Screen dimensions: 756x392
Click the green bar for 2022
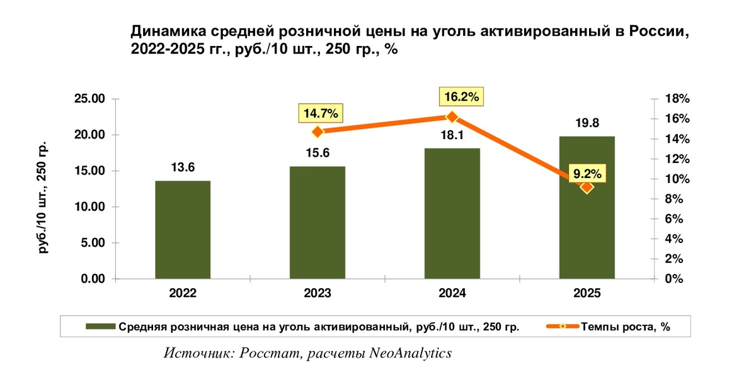[x=183, y=230]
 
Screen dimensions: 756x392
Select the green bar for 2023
[x=318, y=223]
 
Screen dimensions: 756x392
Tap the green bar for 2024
[x=452, y=213]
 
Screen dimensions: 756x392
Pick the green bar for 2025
[x=587, y=208]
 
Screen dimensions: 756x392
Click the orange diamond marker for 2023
[x=318, y=132]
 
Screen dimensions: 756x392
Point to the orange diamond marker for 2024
[x=452, y=117]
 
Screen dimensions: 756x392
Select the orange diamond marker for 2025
[x=587, y=188]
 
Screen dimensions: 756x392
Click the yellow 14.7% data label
[x=320, y=113]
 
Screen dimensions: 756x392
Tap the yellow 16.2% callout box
[x=461, y=97]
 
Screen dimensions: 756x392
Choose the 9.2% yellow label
[x=587, y=174]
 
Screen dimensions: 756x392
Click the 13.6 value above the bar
[x=183, y=167]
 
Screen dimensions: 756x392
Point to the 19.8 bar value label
[x=587, y=123]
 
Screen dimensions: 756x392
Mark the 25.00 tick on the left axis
[x=89, y=99]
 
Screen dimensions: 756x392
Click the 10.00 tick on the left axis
[x=89, y=206]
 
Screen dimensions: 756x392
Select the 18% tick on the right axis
[x=677, y=99]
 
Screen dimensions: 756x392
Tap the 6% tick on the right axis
[x=674, y=219]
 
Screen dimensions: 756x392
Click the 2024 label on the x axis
[x=452, y=293]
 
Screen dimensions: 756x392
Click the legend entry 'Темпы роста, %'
[x=608, y=327]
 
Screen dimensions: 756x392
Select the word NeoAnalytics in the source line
[x=410, y=353]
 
